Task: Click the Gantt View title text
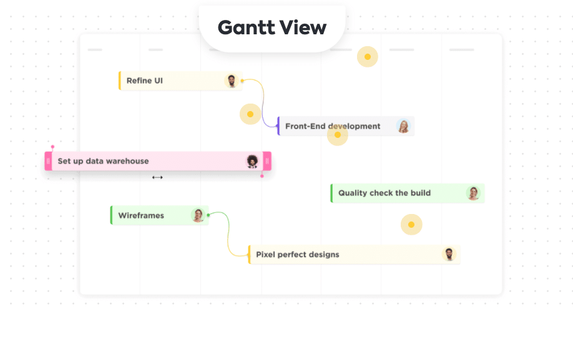point(272,27)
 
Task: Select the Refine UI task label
point(144,80)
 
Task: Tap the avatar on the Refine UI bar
point(232,80)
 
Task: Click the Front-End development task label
point(332,126)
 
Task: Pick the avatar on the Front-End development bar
point(404,126)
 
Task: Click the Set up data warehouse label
point(103,161)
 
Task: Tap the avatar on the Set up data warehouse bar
point(252,161)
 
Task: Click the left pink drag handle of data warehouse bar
point(48,161)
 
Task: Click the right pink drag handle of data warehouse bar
point(267,161)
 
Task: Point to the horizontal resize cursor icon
point(157,177)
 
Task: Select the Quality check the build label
point(384,193)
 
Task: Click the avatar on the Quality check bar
point(474,193)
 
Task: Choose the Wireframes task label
point(141,215)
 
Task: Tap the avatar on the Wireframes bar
point(198,215)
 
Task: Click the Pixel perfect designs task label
point(297,255)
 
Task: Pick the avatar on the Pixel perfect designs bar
point(449,254)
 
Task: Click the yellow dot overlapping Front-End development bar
point(338,135)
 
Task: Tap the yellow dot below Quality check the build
point(411,225)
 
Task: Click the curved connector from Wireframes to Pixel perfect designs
point(228,235)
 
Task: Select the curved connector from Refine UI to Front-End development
point(262,103)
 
